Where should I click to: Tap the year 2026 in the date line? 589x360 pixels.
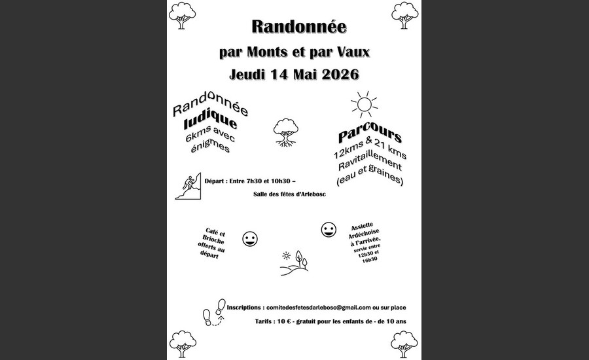(x=337, y=74)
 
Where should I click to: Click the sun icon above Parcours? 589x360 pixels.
(x=363, y=104)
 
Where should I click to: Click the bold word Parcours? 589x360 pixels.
(x=370, y=138)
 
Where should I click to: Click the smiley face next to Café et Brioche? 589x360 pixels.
(x=250, y=239)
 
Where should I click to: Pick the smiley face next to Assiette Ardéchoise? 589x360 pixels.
(x=328, y=230)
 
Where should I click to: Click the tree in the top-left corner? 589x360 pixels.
(x=182, y=14)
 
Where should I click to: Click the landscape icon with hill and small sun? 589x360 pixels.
(x=293, y=262)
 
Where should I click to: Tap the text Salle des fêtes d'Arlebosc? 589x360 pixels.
(x=289, y=194)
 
